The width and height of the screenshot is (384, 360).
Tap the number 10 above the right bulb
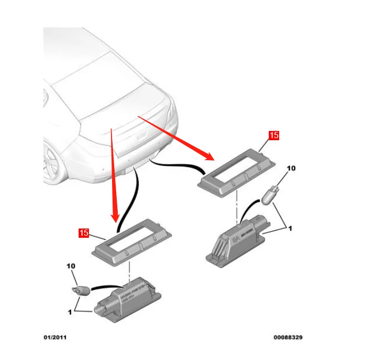(x=291, y=168)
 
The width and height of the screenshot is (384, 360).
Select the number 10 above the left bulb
(x=71, y=267)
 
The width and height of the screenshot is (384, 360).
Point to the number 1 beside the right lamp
(x=290, y=228)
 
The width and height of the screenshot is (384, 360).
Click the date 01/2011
(x=54, y=337)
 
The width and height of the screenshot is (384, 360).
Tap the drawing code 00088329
(x=288, y=337)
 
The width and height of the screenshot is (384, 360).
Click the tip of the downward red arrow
(x=116, y=220)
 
